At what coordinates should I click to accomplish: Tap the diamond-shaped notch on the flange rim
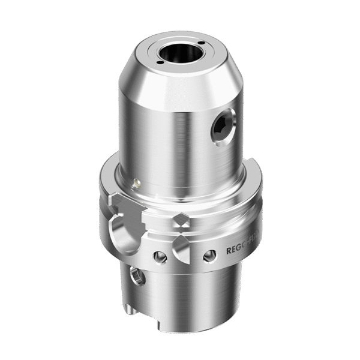point(180,221)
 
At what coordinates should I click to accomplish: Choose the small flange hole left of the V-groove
point(159,257)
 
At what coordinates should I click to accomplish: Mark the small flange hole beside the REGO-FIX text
point(209,256)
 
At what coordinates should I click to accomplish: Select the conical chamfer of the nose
point(180,81)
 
